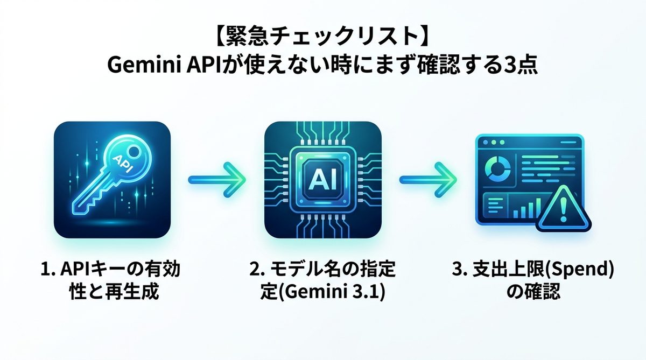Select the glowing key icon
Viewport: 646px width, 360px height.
[113, 180]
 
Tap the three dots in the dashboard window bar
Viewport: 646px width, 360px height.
[494, 144]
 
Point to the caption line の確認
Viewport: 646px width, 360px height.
[533, 295]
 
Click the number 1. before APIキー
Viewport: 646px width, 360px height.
[48, 271]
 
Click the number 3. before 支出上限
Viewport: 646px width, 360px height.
[459, 271]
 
